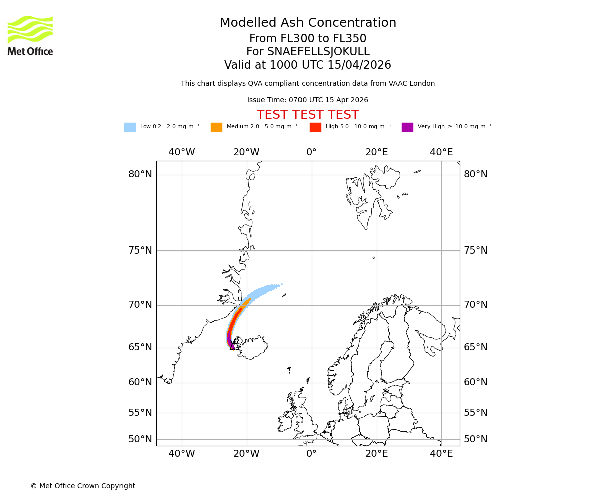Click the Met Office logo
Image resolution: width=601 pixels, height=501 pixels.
click(30, 35)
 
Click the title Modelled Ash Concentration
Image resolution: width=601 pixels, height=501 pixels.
click(308, 23)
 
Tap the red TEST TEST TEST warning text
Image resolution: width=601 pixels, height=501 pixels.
click(308, 115)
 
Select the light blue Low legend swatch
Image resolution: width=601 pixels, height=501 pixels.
click(130, 127)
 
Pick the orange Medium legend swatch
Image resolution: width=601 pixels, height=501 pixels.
click(216, 127)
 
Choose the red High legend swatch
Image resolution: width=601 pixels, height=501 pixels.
click(315, 127)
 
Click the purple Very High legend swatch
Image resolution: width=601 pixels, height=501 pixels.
click(407, 127)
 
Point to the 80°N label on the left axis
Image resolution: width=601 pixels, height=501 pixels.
click(140, 174)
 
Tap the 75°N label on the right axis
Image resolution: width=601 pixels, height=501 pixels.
click(475, 250)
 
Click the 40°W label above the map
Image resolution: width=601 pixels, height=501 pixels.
click(181, 152)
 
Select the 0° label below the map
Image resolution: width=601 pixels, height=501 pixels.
click(311, 454)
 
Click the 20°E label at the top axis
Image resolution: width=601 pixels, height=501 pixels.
click(376, 152)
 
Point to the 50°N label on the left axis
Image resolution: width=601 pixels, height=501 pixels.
click(140, 439)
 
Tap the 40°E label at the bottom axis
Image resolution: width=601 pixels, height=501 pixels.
click(441, 454)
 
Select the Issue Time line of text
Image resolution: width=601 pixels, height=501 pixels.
click(308, 100)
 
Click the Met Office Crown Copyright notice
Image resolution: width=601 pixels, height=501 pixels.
click(83, 486)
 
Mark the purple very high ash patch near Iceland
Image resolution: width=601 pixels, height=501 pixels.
click(229, 338)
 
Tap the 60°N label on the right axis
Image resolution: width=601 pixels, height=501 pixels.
click(475, 382)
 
